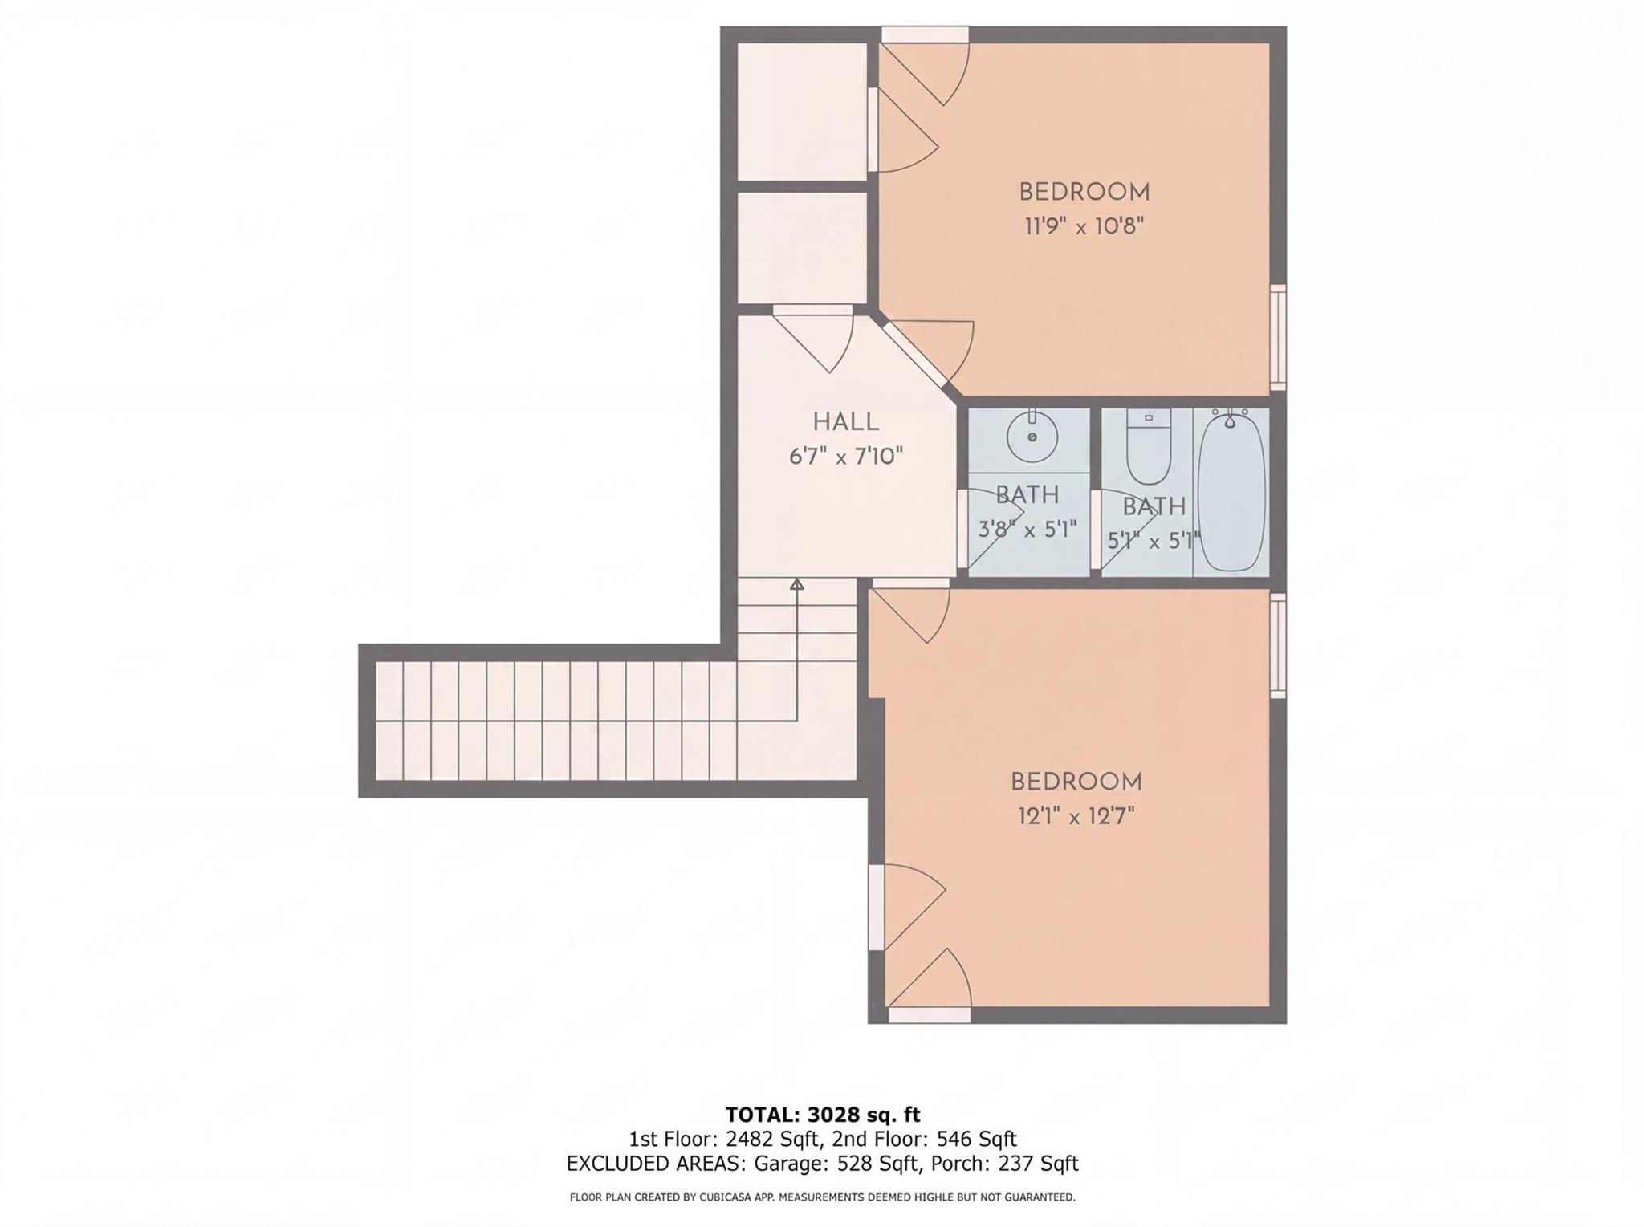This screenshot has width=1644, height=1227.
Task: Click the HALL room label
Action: coord(845,422)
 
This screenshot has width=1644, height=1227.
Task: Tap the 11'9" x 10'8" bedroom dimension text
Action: coord(1083,227)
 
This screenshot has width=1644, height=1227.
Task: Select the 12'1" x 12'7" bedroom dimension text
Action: coord(1076,817)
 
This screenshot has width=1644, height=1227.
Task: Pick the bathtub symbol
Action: coord(1231,491)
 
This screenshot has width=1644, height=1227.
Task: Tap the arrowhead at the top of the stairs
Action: coord(796,584)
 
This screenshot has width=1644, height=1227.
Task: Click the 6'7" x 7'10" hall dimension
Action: coord(845,457)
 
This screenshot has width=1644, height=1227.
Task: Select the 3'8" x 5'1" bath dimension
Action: coord(1027,530)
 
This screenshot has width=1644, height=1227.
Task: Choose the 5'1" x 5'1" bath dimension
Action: coord(1154,542)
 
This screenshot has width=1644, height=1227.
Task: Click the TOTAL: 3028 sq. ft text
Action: coord(822,1115)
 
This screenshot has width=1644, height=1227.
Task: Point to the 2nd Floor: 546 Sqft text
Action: coord(925,1139)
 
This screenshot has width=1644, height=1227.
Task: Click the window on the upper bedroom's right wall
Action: coord(1278,337)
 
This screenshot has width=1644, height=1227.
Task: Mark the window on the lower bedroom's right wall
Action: coord(1278,645)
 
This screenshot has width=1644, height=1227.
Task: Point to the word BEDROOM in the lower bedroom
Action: coord(1076,782)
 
